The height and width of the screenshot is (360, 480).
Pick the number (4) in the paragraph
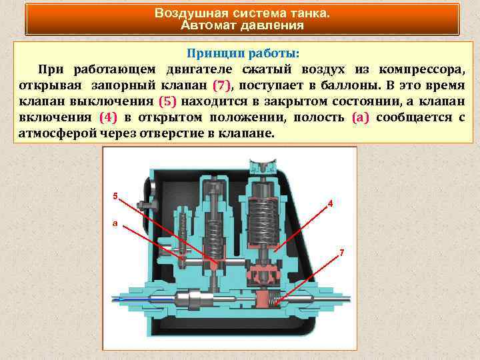click(107, 117)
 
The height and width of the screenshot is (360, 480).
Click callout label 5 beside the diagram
click(115, 196)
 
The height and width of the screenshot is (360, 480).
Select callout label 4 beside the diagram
click(331, 204)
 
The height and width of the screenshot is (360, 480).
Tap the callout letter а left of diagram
click(114, 223)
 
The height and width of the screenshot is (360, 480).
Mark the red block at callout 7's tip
click(267, 295)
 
